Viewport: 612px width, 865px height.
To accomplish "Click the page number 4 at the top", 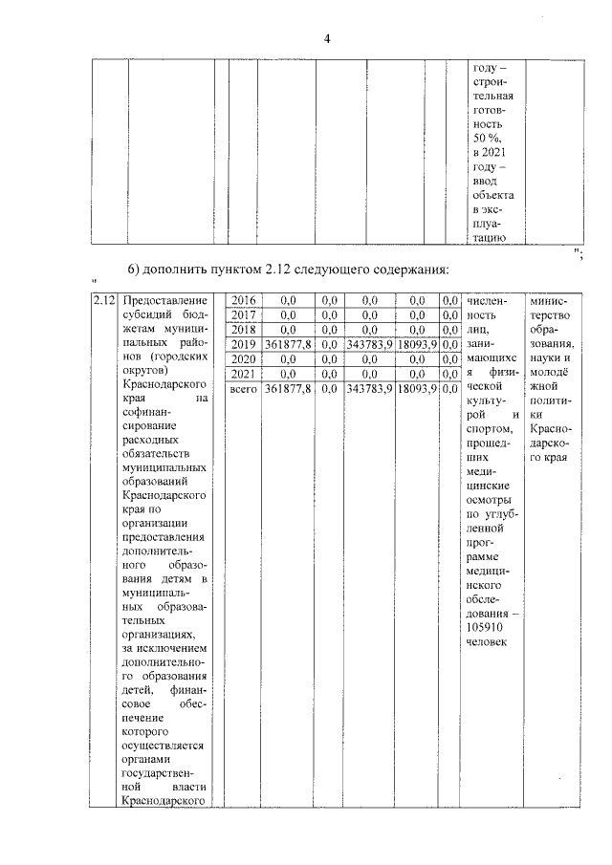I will (x=327, y=38).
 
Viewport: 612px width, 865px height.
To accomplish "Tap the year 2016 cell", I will (x=245, y=301).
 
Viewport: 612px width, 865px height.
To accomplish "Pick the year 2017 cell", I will (x=245, y=314).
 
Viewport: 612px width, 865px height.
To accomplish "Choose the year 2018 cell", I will (x=245, y=329).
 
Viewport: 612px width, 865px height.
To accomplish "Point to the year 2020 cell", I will (x=245, y=358).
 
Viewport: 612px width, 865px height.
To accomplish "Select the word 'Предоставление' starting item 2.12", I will (x=165, y=301).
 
